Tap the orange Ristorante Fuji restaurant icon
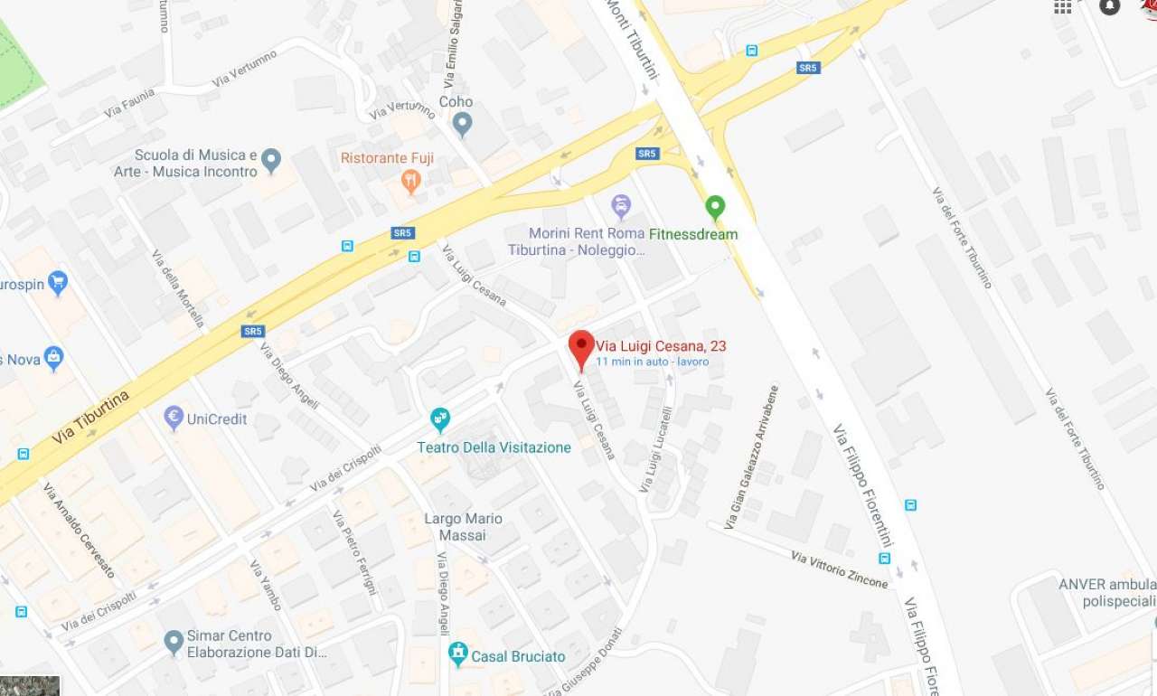(x=411, y=181)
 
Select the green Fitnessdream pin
(x=715, y=208)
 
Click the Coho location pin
(x=463, y=123)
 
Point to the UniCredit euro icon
(x=174, y=418)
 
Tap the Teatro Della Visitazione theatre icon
(x=440, y=419)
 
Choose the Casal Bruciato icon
(x=458, y=654)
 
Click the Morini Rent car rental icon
(x=621, y=206)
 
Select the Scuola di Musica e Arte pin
(x=271, y=162)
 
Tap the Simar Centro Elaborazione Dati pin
(x=174, y=642)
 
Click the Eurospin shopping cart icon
(x=58, y=283)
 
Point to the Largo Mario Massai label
(x=464, y=527)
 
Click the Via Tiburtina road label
(x=90, y=417)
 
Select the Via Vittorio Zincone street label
(x=839, y=569)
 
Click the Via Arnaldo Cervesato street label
(x=79, y=531)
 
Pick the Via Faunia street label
(x=129, y=103)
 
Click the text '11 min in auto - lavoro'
(x=652, y=362)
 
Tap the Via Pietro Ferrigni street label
(x=354, y=552)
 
